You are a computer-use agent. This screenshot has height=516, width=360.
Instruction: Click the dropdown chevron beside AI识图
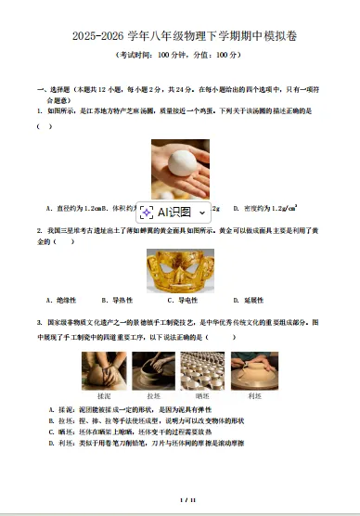[x=202, y=213]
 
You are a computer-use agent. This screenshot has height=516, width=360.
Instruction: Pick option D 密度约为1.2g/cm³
[x=269, y=209]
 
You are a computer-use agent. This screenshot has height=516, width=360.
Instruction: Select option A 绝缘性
[x=60, y=300]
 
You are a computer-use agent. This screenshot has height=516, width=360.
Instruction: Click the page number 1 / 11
[x=180, y=500]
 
